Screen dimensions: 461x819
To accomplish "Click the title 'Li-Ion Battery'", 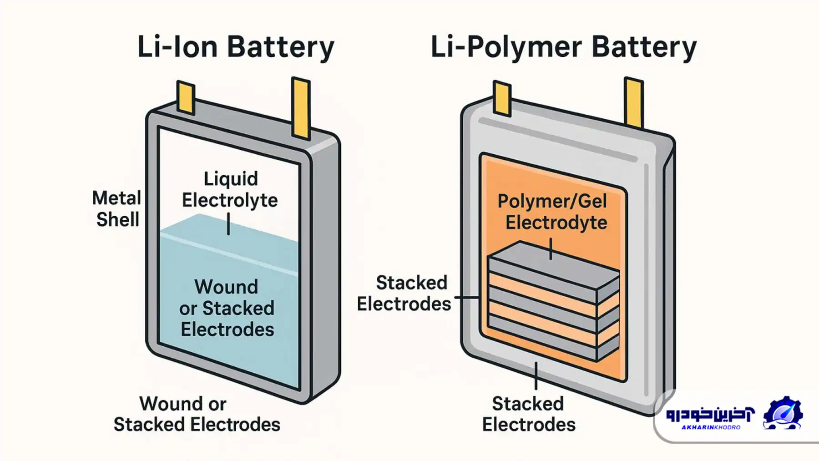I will pyautogui.click(x=236, y=47).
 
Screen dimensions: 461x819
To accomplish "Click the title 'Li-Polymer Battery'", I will pyautogui.click(x=563, y=47).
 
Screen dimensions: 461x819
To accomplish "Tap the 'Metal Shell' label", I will pyautogui.click(x=117, y=209).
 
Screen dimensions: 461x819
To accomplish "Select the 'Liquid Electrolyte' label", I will pyautogui.click(x=230, y=189).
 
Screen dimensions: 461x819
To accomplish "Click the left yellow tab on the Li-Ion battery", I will pyautogui.click(x=186, y=97).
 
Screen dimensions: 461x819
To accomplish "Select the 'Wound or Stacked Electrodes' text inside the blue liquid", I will pyautogui.click(x=227, y=308).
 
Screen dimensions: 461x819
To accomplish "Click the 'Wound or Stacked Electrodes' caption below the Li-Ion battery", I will pyautogui.click(x=197, y=414).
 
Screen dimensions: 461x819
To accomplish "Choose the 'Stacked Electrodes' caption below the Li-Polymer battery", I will pyautogui.click(x=528, y=414).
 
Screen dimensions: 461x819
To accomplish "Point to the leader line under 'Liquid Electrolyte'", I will pyautogui.click(x=228, y=224).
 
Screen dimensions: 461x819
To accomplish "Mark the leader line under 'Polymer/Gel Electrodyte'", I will pyautogui.click(x=551, y=249).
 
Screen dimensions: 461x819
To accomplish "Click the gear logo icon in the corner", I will pyautogui.click(x=782, y=413).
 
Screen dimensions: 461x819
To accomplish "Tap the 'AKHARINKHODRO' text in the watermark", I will pyautogui.click(x=711, y=427).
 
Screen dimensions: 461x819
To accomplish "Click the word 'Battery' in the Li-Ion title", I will pyautogui.click(x=281, y=47).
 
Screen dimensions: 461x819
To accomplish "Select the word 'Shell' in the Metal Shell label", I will pyautogui.click(x=117, y=220).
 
